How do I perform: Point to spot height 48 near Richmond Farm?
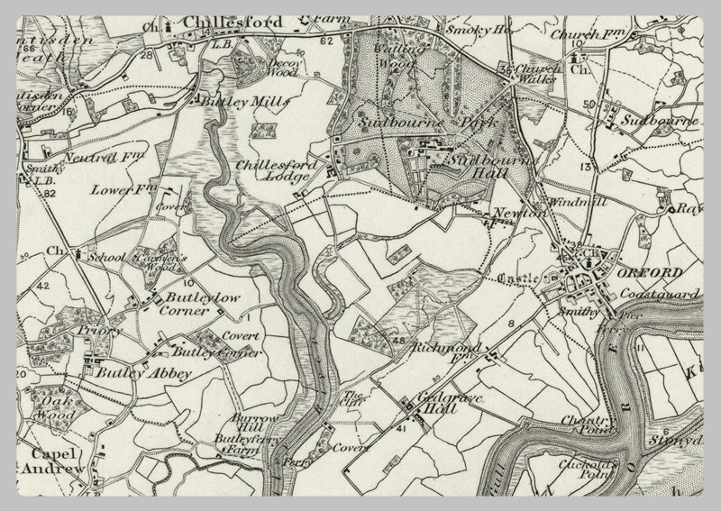[399, 340]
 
